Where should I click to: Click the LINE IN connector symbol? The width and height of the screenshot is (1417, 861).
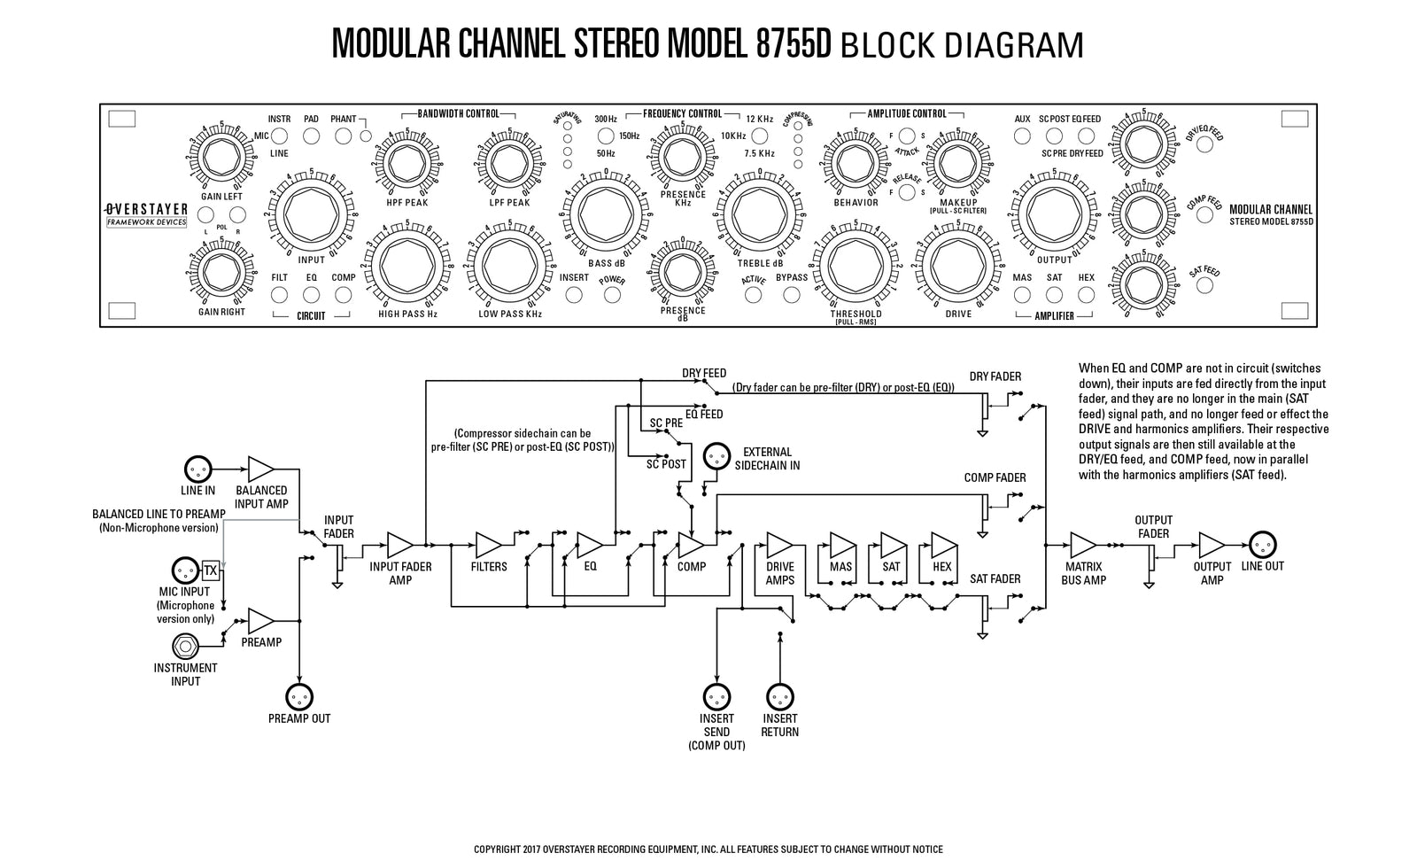(197, 469)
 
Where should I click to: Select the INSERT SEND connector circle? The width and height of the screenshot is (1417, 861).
(716, 696)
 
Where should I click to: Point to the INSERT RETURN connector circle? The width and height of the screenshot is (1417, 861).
(779, 696)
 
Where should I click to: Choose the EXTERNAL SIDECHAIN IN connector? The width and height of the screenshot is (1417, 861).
(716, 457)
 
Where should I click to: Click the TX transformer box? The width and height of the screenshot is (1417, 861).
(210, 569)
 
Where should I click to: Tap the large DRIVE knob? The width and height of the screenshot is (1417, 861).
(957, 262)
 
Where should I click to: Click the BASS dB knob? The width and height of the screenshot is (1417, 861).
(606, 213)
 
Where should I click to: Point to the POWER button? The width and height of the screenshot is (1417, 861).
(612, 294)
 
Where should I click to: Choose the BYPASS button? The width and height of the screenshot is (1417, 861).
(792, 294)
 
